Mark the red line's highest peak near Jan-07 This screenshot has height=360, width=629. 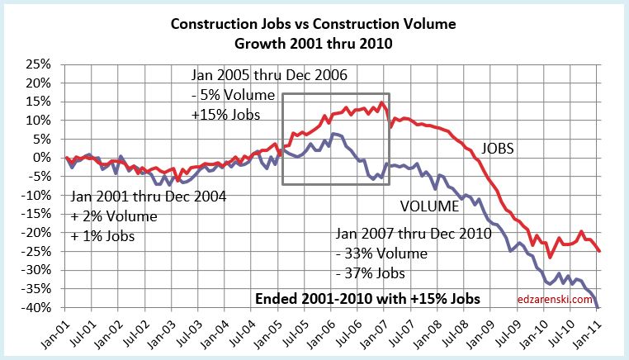pyautogui.click(x=381, y=102)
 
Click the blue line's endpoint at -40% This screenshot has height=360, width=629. pyautogui.click(x=597, y=307)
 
